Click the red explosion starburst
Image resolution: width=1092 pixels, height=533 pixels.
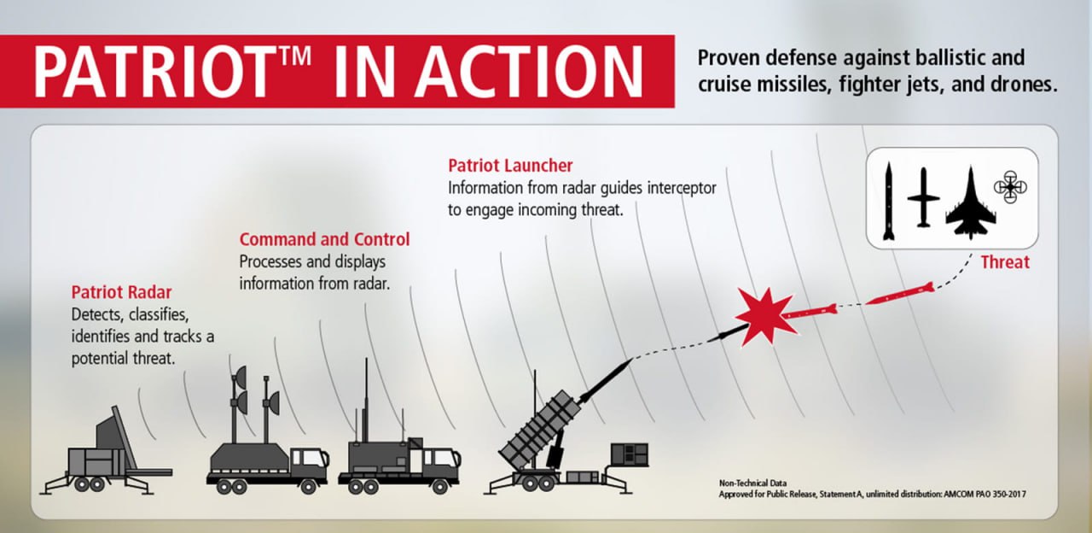[x=765, y=316]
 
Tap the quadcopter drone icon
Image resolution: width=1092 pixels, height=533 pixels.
[x=1010, y=187]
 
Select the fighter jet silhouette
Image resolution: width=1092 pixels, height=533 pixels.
[x=970, y=204]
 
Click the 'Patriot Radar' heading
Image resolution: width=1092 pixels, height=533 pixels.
[x=121, y=292]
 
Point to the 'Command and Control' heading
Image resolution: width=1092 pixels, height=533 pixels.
[x=324, y=239]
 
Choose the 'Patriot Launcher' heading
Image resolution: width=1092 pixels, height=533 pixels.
[x=510, y=166]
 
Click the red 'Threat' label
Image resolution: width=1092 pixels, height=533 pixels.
[x=1005, y=262]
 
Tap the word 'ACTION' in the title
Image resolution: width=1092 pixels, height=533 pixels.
[x=529, y=72]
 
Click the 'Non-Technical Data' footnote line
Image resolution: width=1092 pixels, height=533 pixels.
[x=752, y=483]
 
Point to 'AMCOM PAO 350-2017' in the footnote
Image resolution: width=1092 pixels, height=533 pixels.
[x=985, y=494]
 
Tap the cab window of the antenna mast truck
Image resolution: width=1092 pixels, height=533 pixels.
[x=311, y=458]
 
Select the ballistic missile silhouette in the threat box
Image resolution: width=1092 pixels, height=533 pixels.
[x=889, y=201]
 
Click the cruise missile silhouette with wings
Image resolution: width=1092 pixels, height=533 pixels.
[x=923, y=197]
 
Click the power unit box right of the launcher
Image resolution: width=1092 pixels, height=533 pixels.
[x=630, y=454]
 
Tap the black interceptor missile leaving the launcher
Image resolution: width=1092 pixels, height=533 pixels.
[x=606, y=380]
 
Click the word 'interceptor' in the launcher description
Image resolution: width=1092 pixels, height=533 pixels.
[x=681, y=188]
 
